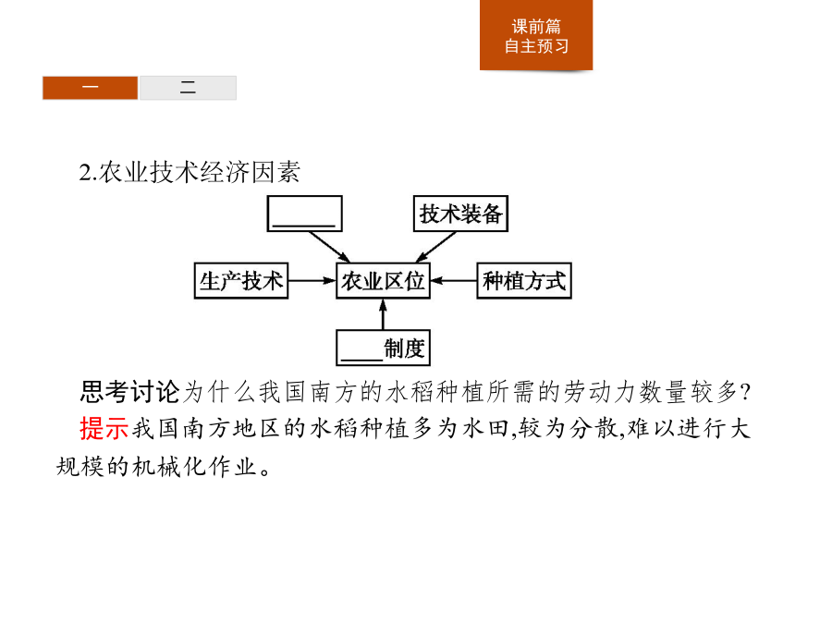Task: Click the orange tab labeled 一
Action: (91, 88)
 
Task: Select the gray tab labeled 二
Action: (188, 88)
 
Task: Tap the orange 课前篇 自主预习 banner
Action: (536, 35)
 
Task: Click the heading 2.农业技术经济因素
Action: (190, 172)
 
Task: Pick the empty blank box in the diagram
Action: (304, 214)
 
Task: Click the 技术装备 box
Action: (460, 214)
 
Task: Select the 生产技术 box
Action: (241, 281)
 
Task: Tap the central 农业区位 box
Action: (383, 281)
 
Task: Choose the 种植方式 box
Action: (524, 281)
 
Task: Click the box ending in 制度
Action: (383, 349)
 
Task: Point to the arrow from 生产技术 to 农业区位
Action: (312, 281)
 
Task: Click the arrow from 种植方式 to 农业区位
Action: (453, 281)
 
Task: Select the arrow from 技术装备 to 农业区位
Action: (436, 247)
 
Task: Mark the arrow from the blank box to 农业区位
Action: (329, 247)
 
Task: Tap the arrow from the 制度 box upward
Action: (383, 314)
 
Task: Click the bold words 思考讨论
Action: (130, 392)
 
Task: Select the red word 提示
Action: (104, 428)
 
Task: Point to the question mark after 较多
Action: (745, 393)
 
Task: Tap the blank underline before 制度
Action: (361, 360)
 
